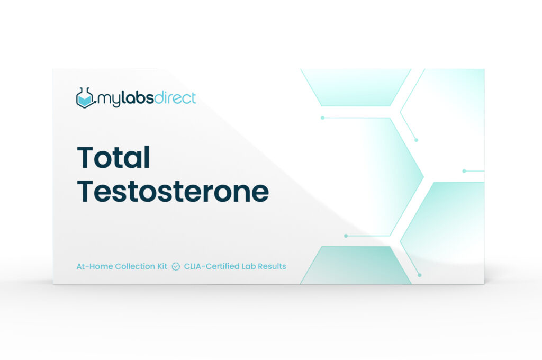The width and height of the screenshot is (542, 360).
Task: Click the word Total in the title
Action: pyautogui.click(x=113, y=157)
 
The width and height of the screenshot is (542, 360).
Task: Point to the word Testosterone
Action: pyautogui.click(x=173, y=191)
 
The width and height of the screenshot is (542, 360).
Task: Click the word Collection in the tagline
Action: pyautogui.click(x=135, y=266)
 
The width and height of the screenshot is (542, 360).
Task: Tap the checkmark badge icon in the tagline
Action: pyautogui.click(x=176, y=266)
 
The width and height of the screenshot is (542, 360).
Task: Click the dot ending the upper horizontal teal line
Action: pyautogui.click(x=322, y=118)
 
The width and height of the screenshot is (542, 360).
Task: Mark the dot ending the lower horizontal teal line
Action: pyautogui.click(x=346, y=236)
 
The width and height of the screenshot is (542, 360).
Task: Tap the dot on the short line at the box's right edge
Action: pyautogui.click(x=464, y=171)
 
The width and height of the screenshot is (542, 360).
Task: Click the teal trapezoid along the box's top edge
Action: pyautogui.click(x=356, y=87)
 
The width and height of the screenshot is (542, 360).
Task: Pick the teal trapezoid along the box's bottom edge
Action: pyautogui.click(x=356, y=265)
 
